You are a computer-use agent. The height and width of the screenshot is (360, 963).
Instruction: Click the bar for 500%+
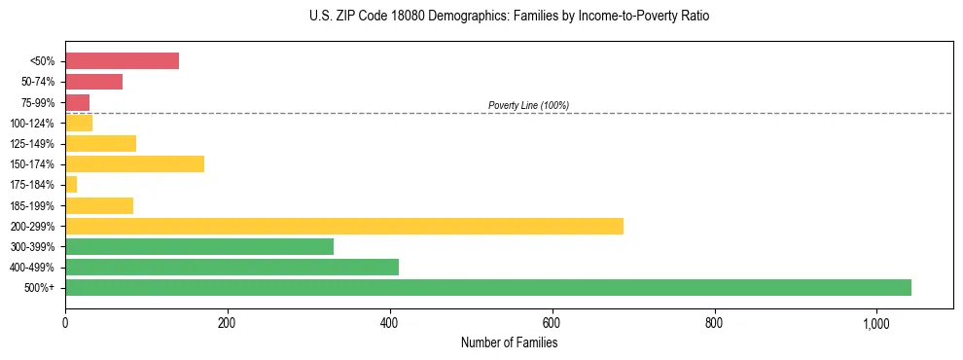coord(488,287)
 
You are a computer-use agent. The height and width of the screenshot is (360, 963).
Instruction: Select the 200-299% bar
coord(344,226)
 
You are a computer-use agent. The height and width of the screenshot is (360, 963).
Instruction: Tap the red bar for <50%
coord(122,61)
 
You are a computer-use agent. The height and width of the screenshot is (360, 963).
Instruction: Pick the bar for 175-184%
coord(71,185)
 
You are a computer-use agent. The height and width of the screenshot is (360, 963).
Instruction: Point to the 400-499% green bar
coord(232,267)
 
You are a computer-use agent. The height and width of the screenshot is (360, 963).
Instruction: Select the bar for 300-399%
coord(199,246)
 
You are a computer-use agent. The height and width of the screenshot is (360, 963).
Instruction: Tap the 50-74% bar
coord(93,82)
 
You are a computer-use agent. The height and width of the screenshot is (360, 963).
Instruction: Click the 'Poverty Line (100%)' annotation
coord(528,105)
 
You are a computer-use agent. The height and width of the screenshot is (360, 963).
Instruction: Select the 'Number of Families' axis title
coord(509,342)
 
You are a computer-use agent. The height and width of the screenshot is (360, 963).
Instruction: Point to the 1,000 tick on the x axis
coord(876,322)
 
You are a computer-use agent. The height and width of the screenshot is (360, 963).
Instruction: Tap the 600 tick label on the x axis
coord(552,322)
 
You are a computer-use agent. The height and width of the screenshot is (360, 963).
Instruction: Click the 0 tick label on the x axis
coord(65,322)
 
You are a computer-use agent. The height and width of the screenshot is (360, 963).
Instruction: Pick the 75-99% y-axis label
coord(40,102)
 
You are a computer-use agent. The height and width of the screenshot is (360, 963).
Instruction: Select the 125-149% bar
coord(100,143)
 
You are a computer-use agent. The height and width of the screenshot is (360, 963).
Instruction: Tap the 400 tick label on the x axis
coord(389,322)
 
